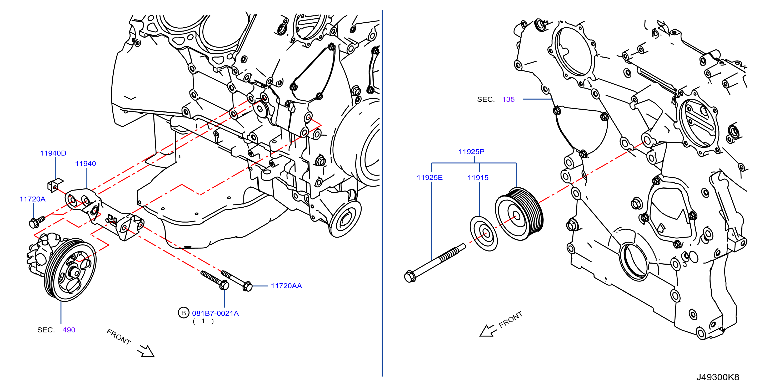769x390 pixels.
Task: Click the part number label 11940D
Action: (53, 153)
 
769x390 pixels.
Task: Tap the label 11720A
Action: (33, 199)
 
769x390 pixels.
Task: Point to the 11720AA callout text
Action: (286, 286)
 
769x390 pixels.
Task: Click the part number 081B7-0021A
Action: (215, 313)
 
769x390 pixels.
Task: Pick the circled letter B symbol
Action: (184, 313)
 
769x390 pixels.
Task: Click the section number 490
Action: (69, 330)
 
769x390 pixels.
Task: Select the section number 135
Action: (508, 99)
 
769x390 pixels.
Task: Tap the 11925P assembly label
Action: (471, 151)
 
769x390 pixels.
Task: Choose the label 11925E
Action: (430, 177)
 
